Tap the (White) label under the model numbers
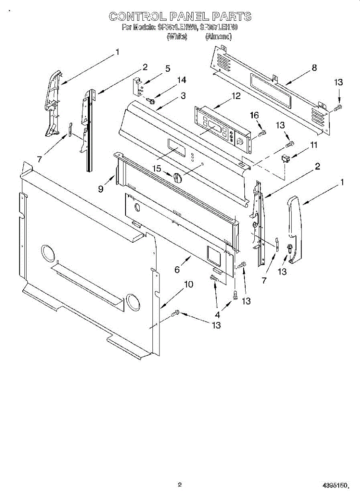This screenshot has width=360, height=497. coord(177,37)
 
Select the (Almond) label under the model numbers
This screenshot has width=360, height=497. coord(218,37)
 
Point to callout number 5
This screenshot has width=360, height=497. coord(167,69)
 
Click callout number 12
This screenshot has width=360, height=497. coord(236,96)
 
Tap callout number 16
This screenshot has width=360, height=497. coord(254,115)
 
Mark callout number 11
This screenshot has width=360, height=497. coord(314,145)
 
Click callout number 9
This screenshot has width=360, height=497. coord(101,189)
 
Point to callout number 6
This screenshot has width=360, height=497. coord(177,270)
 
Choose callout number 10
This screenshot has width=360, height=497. coord(188,285)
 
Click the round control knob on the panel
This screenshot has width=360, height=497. coord(178,177)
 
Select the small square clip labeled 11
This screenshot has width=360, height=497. coord(285,158)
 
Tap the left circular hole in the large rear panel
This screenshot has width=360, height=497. coord(48,253)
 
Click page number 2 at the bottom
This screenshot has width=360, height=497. coord(180,485)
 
